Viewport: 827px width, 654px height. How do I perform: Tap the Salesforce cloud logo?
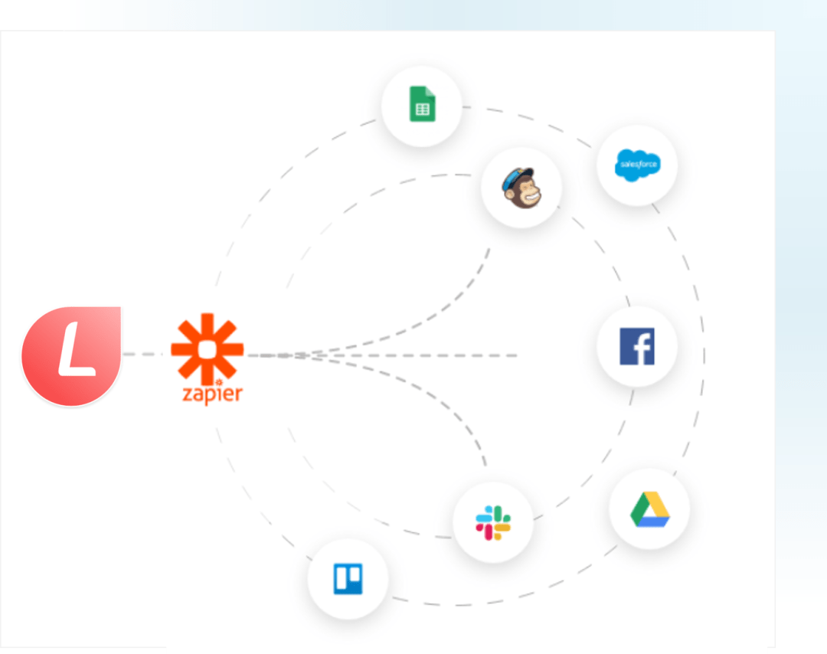636,165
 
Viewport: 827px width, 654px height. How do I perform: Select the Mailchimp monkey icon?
521,188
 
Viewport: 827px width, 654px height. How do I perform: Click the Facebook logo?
636,347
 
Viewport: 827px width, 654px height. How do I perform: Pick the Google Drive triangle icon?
649,509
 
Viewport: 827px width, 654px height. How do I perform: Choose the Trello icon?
348,579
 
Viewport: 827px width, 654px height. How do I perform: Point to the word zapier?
212,394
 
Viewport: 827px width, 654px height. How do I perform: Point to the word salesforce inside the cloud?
636,164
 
